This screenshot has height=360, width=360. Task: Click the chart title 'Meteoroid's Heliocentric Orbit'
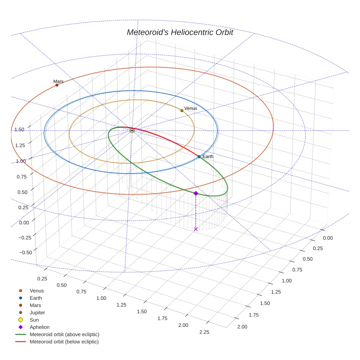180,32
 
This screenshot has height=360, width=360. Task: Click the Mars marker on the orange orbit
57,85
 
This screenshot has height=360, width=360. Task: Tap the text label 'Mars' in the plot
58,81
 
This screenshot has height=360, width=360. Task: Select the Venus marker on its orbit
182,110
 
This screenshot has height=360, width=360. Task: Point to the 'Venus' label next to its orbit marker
191,108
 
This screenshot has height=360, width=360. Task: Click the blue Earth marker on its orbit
199,157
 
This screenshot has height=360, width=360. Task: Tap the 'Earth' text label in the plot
208,157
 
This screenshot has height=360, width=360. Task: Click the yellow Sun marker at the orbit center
132,131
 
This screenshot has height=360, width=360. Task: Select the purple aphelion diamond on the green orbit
196,193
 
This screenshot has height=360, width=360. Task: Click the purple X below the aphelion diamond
196,229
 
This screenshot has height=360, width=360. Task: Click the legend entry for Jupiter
37,312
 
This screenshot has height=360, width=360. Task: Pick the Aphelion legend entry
40,327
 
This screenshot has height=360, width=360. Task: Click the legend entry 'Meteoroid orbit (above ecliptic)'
64,334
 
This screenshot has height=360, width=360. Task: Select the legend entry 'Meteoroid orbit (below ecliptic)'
64,342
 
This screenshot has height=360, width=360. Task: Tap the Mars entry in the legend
35,305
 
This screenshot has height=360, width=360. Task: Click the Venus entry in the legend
37,291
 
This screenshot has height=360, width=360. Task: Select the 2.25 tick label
204,332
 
